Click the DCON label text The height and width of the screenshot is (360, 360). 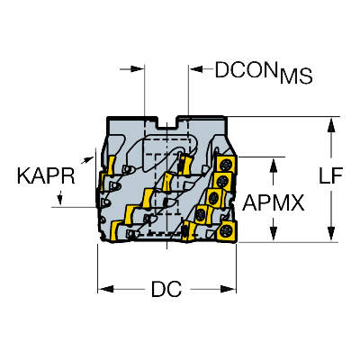pos(246,70)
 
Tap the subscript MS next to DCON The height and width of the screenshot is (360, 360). pos(296,76)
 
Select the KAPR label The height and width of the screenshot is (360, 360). pos(46,176)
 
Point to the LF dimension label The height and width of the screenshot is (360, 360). pos(330,175)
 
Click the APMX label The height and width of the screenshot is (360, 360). pos(274,202)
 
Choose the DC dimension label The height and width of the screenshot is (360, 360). pos(166,289)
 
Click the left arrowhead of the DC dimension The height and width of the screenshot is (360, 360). pos(105,289)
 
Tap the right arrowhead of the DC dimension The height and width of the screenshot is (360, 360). pos(229,289)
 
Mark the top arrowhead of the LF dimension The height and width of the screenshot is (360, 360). pos(331,125)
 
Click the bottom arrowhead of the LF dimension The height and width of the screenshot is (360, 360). pos(331,233)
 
